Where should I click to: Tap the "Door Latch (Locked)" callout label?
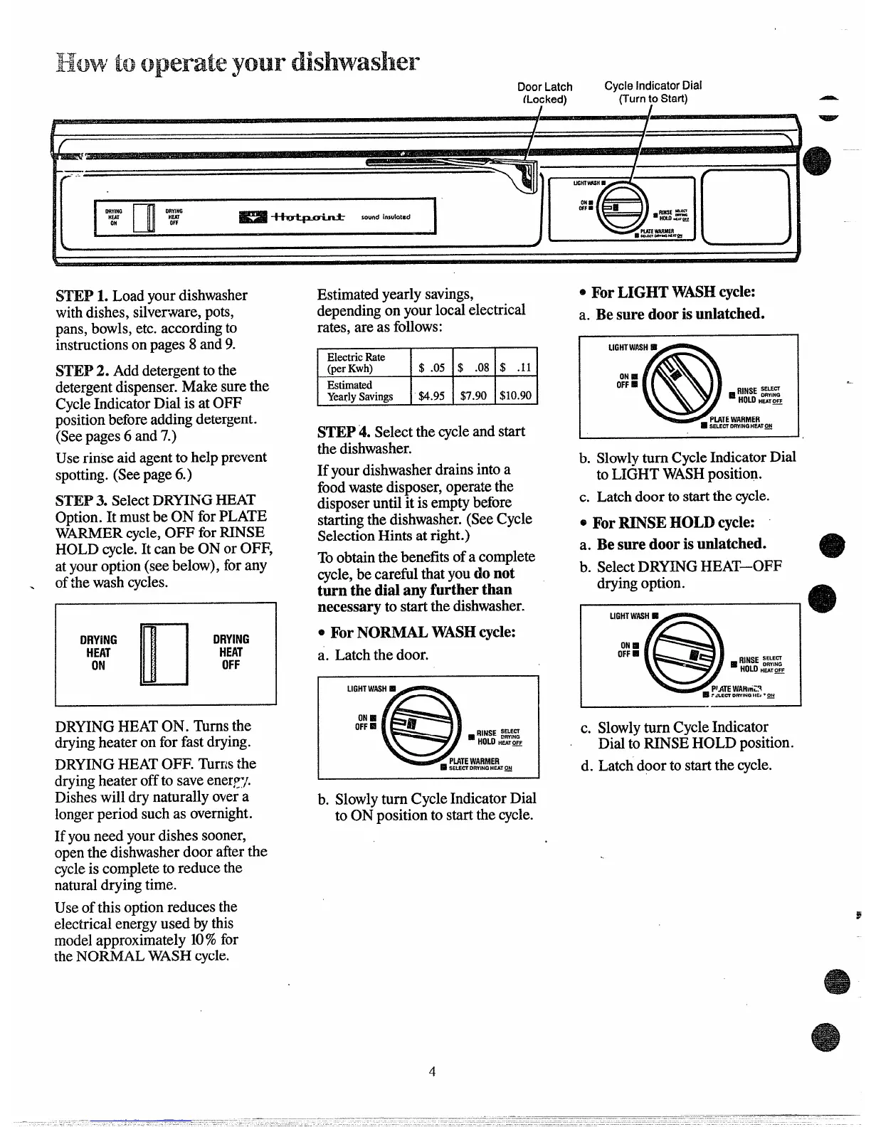tap(545, 92)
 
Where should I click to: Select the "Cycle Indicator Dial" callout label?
tap(653, 92)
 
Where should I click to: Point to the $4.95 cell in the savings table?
tap(431, 395)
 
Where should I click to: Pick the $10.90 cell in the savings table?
tap(516, 395)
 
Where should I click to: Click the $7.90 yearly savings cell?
tap(473, 395)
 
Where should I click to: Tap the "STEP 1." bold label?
tap(83, 295)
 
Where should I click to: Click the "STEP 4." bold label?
tap(344, 432)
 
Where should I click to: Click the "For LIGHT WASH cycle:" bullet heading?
tap(672, 292)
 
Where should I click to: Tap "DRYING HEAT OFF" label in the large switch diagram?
tap(231, 652)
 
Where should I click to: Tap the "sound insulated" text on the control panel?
tap(385, 216)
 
